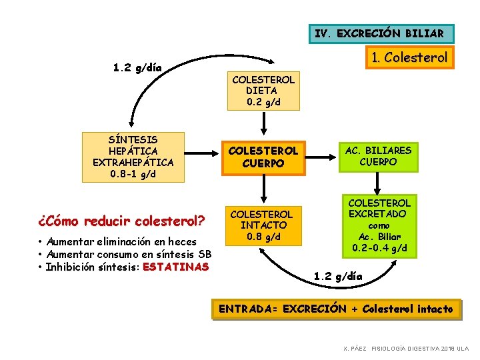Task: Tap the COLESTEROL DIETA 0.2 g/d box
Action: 263,91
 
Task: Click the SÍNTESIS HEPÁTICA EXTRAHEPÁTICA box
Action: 133,157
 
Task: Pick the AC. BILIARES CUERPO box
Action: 378,157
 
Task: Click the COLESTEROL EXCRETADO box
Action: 379,225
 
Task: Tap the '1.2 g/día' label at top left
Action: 137,67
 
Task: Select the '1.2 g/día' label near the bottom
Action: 338,275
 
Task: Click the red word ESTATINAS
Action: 175,267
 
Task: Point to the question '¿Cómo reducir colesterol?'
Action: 121,220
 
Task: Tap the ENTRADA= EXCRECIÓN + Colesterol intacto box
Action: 336,309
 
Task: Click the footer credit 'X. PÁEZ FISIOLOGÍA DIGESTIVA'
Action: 405,349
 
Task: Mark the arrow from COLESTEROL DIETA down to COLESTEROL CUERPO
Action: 263,124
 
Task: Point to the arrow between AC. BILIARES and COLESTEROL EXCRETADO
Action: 378,183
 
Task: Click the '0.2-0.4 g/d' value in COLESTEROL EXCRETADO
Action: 379,248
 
